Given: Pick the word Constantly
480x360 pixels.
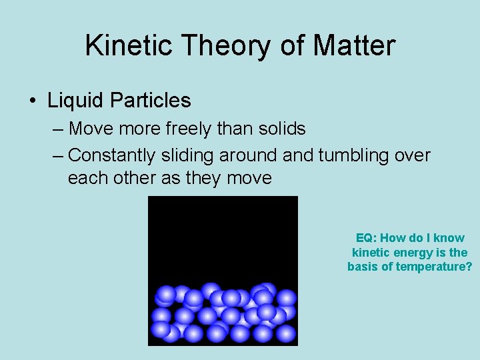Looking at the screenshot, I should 112,155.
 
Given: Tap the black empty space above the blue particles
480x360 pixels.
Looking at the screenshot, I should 223,233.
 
